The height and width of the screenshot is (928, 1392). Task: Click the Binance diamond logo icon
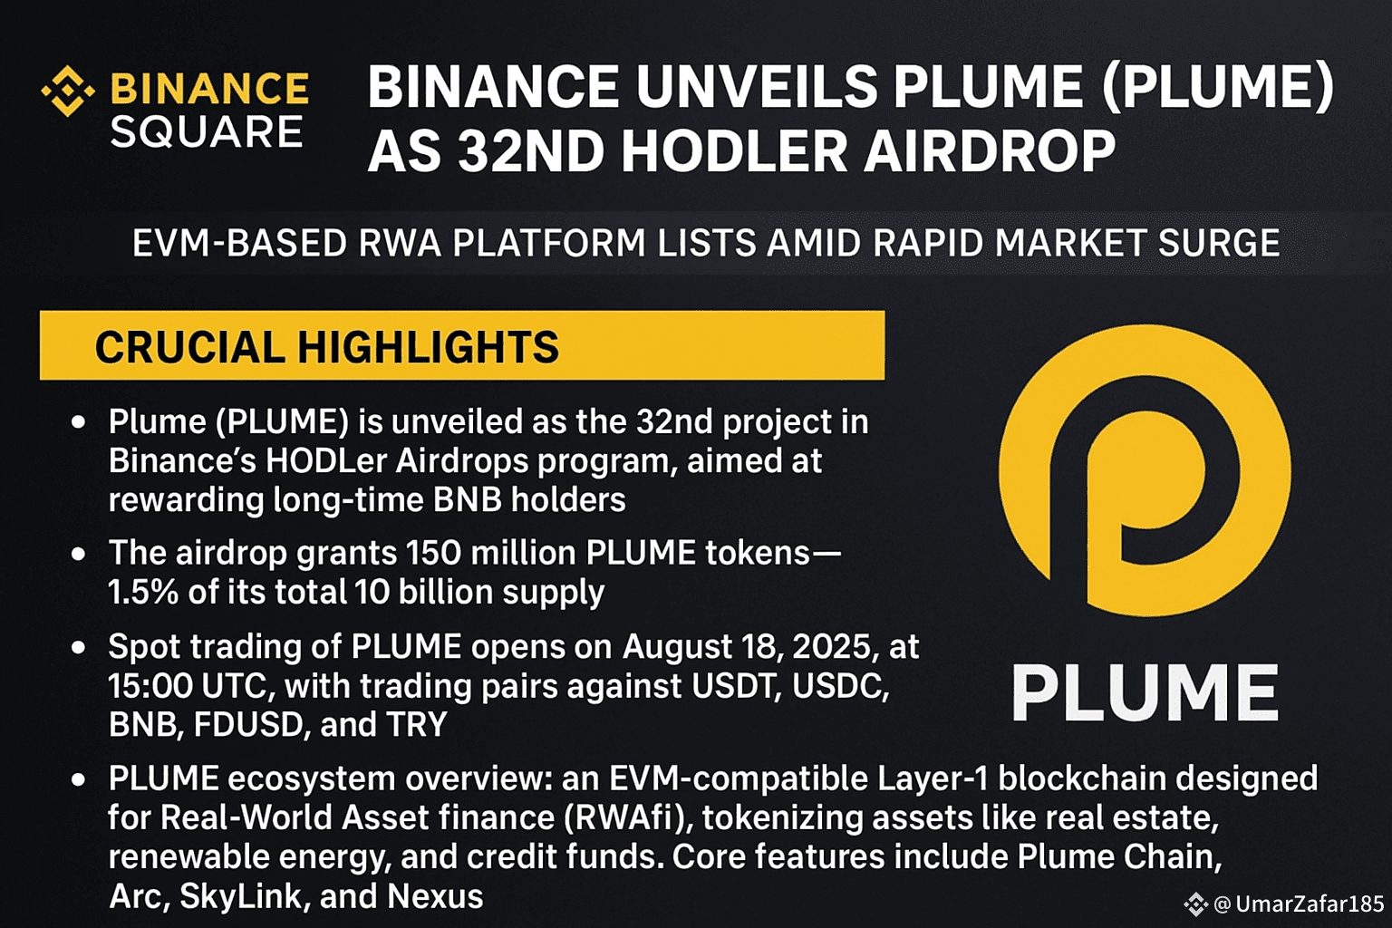point(68,92)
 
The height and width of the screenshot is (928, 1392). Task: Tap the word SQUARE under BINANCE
point(207,132)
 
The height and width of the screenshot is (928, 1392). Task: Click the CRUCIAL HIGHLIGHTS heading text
point(327,347)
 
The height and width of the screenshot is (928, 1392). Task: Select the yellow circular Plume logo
point(1144,470)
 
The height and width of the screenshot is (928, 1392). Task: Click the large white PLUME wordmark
point(1145,691)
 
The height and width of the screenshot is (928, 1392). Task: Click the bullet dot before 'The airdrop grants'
point(78,554)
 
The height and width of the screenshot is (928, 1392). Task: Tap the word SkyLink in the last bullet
point(241,897)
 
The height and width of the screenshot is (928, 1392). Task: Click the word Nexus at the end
point(435,896)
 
